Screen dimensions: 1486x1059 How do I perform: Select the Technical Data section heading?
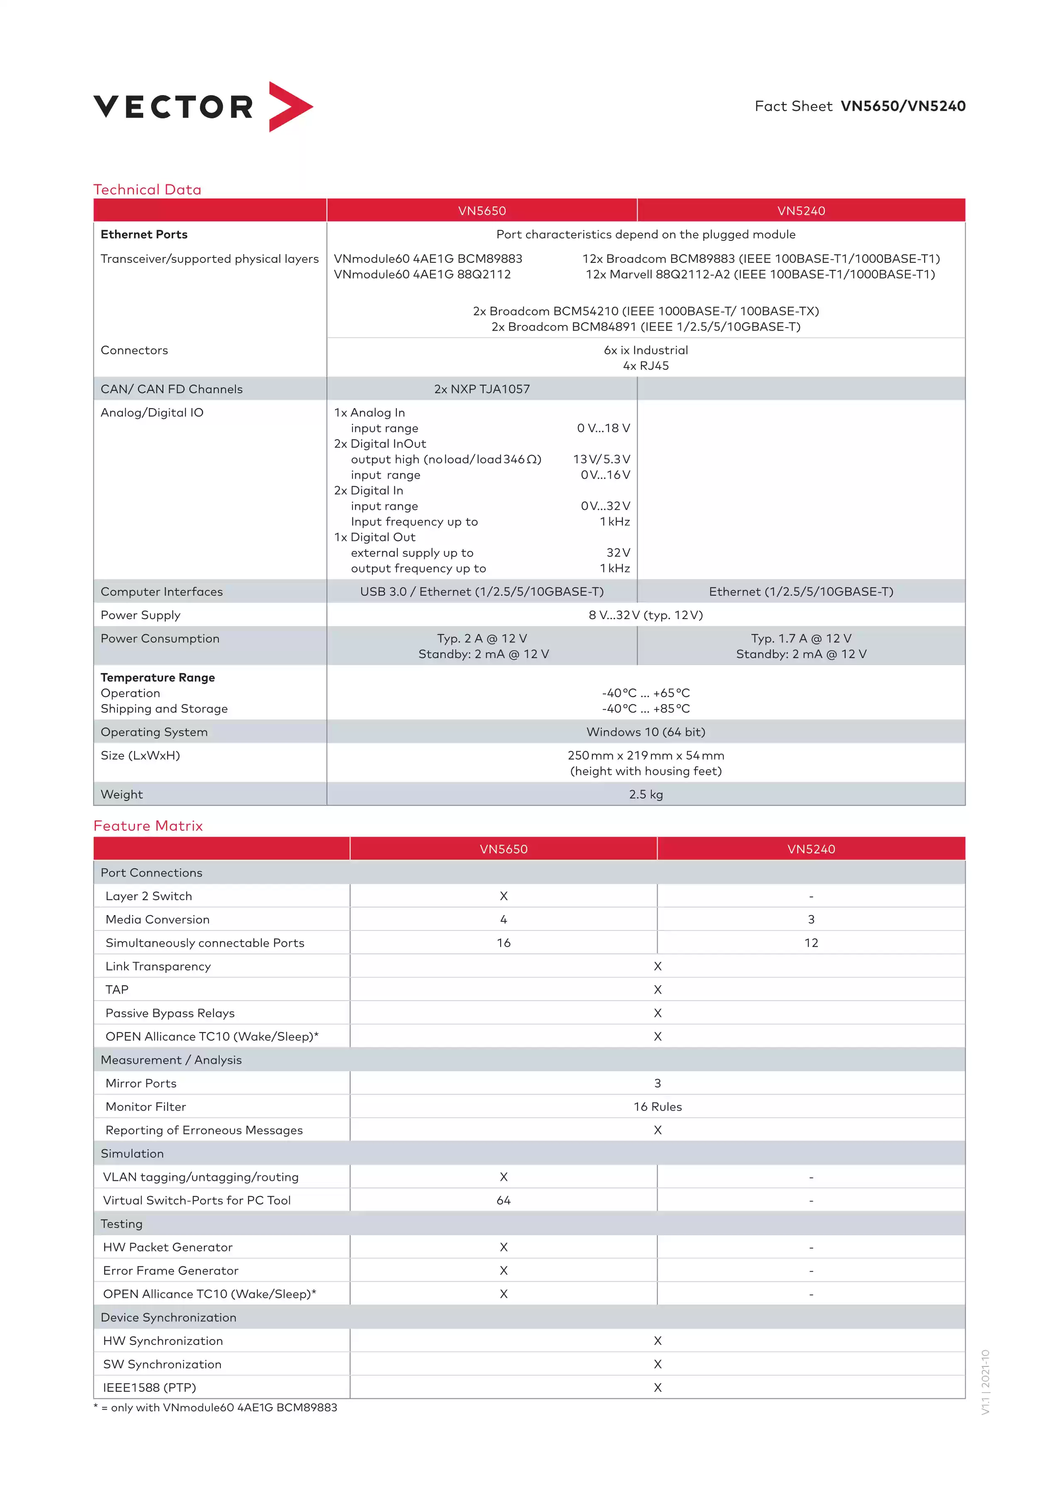click(x=147, y=190)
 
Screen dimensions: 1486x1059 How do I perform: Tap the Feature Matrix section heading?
click(x=148, y=826)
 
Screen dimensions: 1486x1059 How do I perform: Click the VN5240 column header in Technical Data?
click(x=801, y=211)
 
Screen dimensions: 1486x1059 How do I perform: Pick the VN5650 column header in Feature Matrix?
click(x=504, y=849)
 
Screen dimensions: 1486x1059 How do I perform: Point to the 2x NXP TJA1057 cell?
click(x=482, y=389)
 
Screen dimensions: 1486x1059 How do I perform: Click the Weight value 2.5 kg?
click(x=646, y=794)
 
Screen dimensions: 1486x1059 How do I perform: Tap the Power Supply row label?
click(x=140, y=615)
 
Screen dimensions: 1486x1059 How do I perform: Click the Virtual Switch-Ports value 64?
click(x=504, y=1200)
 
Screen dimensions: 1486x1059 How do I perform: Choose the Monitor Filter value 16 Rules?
click(x=657, y=1107)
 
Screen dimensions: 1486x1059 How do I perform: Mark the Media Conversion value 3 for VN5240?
click(x=811, y=919)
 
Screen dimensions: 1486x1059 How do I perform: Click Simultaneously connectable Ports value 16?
click(x=504, y=943)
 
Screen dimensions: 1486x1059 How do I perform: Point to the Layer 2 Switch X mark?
click(x=504, y=896)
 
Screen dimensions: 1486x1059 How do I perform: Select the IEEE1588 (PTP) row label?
click(x=149, y=1388)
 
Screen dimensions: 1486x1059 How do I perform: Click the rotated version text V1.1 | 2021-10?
click(x=985, y=1382)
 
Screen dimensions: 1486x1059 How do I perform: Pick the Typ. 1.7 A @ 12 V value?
click(x=801, y=638)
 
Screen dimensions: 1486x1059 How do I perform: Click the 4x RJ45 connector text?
click(x=646, y=366)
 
